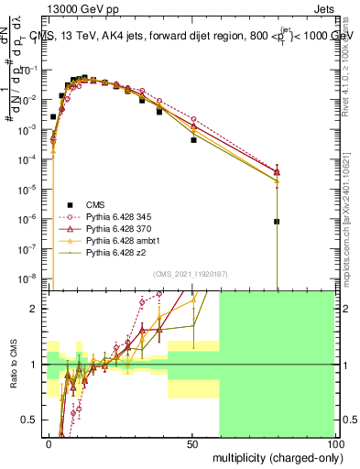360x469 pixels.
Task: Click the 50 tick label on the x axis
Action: click(192, 443)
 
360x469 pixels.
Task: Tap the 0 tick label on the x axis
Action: click(49, 443)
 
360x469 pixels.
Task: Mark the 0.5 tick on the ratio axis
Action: click(30, 420)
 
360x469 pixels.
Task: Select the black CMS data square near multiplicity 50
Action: click(193, 140)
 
